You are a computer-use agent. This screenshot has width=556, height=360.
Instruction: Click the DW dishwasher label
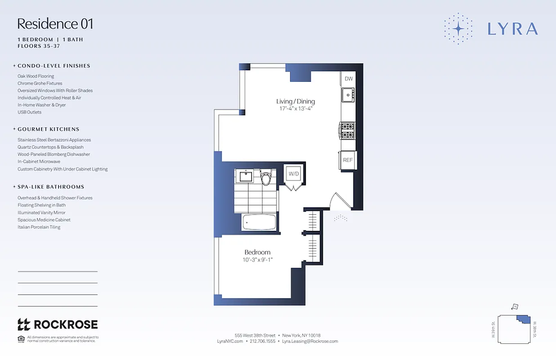[x=349, y=79]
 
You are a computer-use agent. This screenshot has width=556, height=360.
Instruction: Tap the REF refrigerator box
[x=348, y=160]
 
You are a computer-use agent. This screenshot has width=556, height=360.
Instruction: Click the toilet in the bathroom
[x=266, y=178]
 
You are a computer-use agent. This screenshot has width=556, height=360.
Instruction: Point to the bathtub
[x=259, y=222]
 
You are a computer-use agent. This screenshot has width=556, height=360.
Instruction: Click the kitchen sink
[x=348, y=95]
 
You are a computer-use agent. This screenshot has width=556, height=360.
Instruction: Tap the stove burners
[x=347, y=130]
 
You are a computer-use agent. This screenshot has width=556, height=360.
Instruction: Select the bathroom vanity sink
[x=246, y=176]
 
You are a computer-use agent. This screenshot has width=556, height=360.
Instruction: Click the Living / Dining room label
[x=296, y=101]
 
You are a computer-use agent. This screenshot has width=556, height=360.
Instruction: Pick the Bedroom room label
[x=257, y=252]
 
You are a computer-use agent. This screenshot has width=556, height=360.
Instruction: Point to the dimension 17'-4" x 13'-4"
[x=296, y=108]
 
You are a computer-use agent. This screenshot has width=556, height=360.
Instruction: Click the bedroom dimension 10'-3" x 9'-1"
[x=257, y=260]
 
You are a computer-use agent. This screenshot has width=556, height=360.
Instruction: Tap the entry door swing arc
[x=340, y=200]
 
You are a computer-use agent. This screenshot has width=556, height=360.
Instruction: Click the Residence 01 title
[x=55, y=23]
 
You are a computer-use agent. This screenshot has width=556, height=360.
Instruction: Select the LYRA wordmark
[x=512, y=29]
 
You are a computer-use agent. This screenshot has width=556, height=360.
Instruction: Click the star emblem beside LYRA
[x=458, y=29]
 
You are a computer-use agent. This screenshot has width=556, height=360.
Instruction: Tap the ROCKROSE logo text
[x=66, y=324]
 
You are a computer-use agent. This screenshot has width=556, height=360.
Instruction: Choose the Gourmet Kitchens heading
[x=49, y=129]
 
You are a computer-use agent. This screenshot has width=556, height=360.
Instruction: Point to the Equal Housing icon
[x=21, y=339]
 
